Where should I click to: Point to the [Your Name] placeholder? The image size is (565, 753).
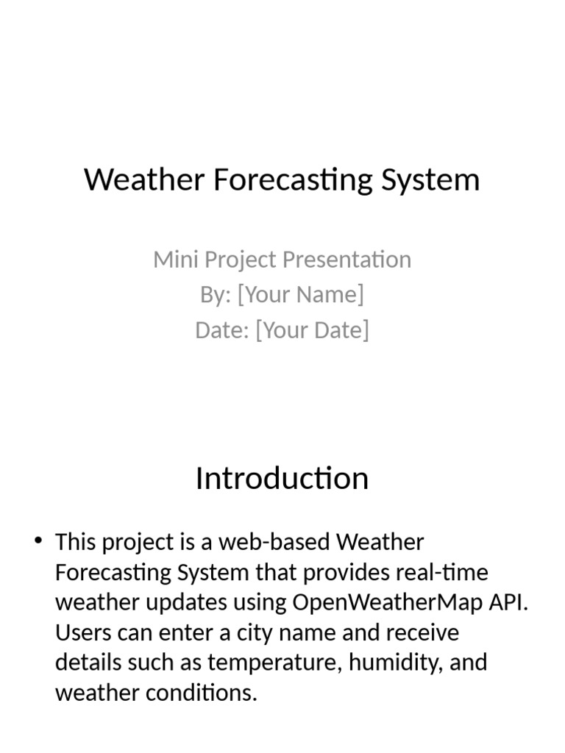(x=302, y=295)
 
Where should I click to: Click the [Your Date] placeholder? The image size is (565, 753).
(x=312, y=330)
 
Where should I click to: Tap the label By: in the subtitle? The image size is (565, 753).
(x=216, y=295)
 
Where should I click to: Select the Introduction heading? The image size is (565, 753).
(x=282, y=479)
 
